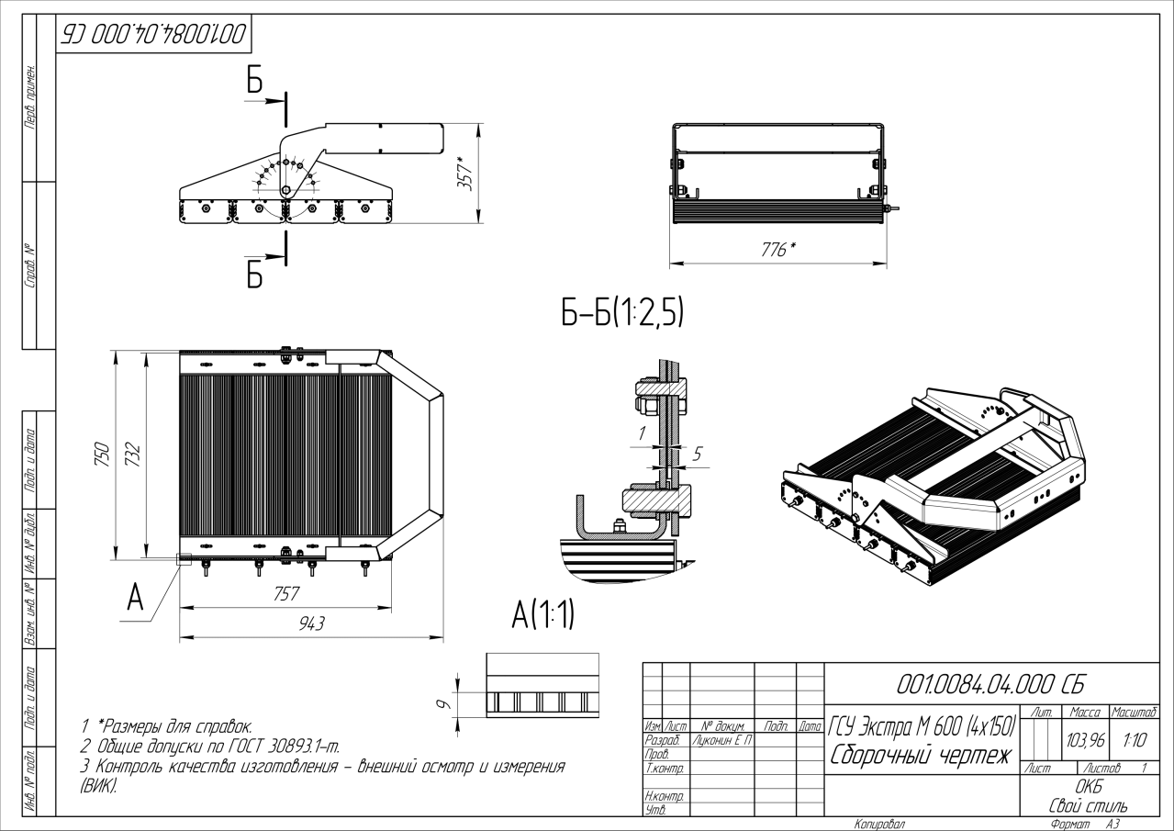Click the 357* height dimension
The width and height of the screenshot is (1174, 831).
[x=466, y=172]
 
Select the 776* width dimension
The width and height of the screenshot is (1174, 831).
[x=778, y=249]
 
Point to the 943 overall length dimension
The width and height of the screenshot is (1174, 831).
[x=311, y=624]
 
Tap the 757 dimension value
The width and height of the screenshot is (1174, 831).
[x=285, y=595]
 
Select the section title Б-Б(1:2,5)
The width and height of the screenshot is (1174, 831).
[x=622, y=314]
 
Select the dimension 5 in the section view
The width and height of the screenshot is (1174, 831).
[x=698, y=454]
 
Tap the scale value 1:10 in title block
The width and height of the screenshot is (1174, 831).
[x=1133, y=738]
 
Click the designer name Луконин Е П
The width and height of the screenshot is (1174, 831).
[x=721, y=740]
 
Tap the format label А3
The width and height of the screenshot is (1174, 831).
[x=1113, y=825]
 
